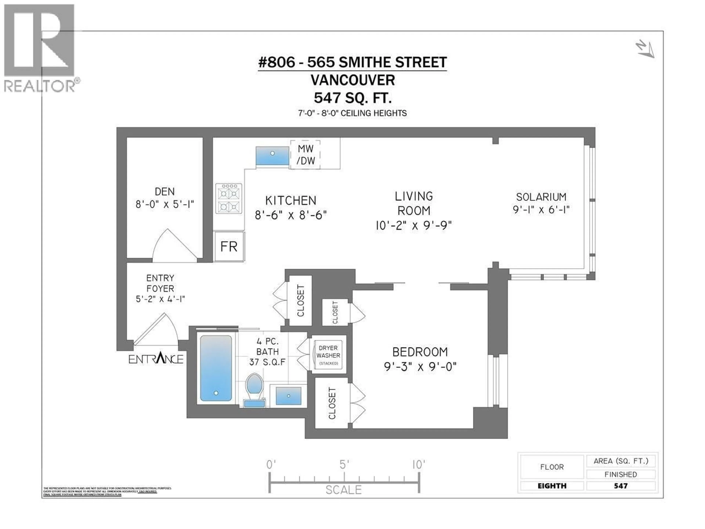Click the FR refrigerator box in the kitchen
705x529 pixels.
pyautogui.click(x=229, y=246)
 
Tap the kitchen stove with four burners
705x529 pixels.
pyautogui.click(x=229, y=198)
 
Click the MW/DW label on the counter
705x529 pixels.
pyautogui.click(x=305, y=155)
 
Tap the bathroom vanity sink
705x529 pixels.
pyautogui.click(x=288, y=396)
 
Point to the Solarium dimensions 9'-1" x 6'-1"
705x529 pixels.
pyautogui.click(x=541, y=210)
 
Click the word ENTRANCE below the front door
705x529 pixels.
pyautogui.click(x=156, y=359)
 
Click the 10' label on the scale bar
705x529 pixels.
pyautogui.click(x=418, y=465)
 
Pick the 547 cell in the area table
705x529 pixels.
pyautogui.click(x=621, y=486)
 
